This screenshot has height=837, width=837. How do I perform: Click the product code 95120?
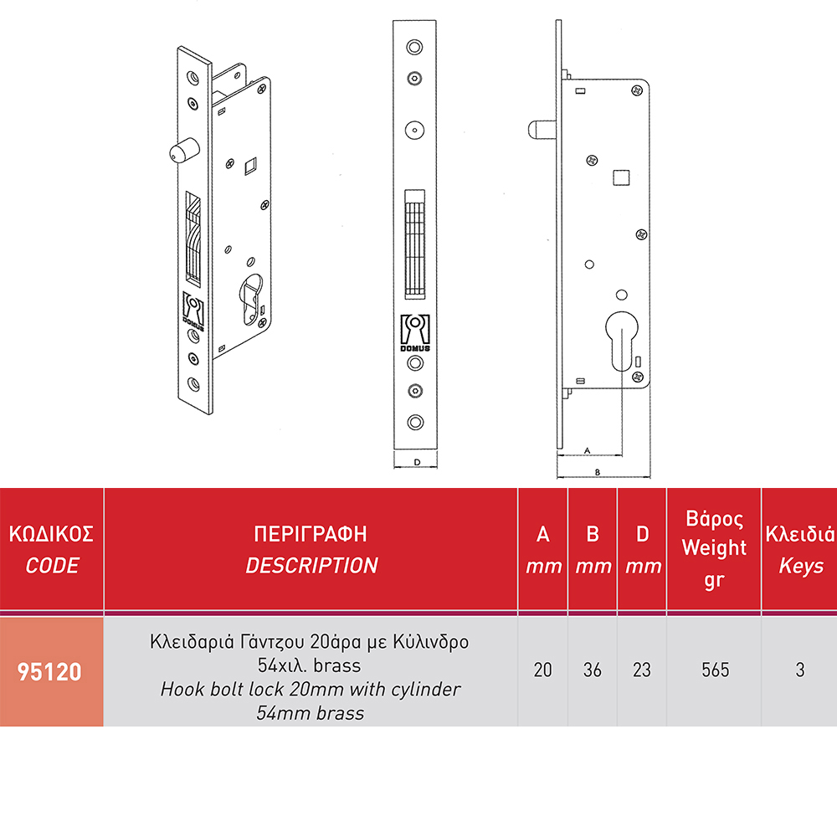[49, 671]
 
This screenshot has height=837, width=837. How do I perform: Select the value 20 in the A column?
[542, 670]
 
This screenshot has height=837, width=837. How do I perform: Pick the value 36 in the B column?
[592, 670]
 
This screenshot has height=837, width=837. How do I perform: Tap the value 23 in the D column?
[642, 670]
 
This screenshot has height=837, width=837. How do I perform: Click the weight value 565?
[715, 670]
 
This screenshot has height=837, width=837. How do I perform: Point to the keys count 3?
[799, 670]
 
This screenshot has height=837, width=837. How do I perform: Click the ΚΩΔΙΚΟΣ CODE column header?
[51, 549]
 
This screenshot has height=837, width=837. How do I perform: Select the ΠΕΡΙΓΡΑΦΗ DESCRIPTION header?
[311, 549]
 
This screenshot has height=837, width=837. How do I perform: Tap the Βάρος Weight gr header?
[714, 549]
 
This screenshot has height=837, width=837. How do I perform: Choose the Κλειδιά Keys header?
[800, 549]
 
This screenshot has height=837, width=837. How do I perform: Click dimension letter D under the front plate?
[417, 462]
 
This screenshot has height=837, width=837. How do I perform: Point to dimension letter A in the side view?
[588, 450]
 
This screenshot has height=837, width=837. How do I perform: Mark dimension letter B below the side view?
[598, 472]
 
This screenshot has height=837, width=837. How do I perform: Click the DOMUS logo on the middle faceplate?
[415, 333]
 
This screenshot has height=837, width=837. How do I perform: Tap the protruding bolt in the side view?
[542, 130]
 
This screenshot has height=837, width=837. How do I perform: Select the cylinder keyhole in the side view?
[622, 341]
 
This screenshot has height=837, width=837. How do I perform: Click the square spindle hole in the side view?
[621, 177]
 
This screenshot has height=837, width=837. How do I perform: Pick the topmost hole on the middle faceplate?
[415, 47]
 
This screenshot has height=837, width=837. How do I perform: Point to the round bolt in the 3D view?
[184, 150]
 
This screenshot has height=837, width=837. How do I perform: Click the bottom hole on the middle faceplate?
[415, 422]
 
